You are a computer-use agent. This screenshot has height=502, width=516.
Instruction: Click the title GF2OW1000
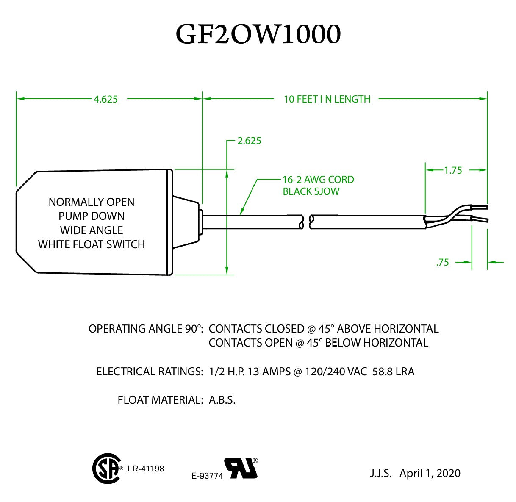coord(258,34)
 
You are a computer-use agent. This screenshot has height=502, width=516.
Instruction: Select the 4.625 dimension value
coord(105,99)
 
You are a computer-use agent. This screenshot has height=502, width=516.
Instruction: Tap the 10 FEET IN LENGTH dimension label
coord(327,99)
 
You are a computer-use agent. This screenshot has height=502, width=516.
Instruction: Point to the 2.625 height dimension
coord(249,141)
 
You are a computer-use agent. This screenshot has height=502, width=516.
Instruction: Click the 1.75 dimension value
coord(453,170)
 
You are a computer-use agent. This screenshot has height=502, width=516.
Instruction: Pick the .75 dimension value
coord(442,263)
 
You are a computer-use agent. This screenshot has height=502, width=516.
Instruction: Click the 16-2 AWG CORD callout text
coord(318,180)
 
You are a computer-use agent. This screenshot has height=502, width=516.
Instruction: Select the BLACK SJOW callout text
coord(311,191)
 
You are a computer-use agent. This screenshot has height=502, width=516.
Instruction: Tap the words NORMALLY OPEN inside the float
coord(92,202)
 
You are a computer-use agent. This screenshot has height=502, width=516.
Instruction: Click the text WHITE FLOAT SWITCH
coord(92,244)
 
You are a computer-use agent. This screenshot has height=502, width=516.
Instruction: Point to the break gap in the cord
coord(307,222)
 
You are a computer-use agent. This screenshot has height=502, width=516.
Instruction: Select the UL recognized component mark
coord(244,468)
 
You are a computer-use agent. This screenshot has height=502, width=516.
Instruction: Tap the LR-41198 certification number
coord(145,469)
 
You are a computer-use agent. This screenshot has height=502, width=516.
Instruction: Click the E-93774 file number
coord(207,476)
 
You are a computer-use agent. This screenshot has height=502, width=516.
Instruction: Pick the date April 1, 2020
coord(430,473)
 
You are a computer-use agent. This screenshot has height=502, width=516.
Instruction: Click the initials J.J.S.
coord(380,473)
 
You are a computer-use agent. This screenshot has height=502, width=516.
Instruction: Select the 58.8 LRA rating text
coord(393,372)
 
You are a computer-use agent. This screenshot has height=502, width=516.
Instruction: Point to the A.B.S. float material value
coord(222,400)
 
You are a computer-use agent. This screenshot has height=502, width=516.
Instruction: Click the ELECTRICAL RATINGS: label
coord(150,372)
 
